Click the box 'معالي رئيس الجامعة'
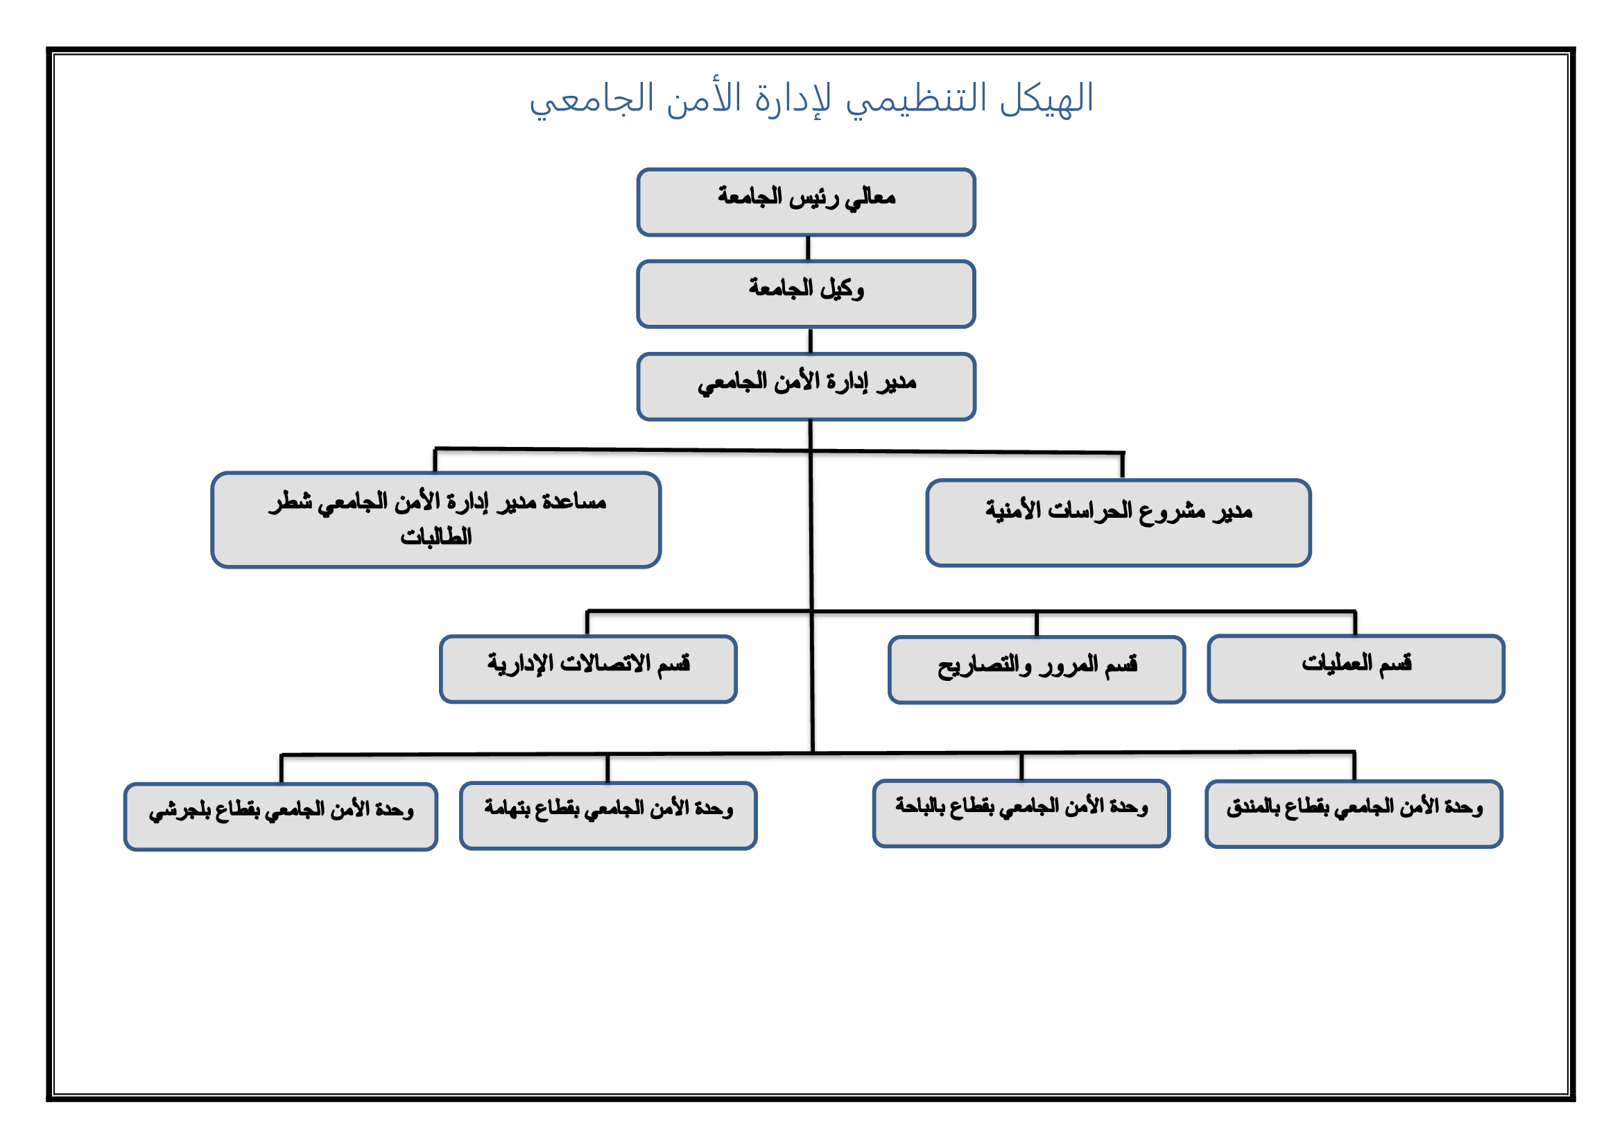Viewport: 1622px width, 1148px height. click(806, 202)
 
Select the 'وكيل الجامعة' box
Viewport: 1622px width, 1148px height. click(806, 294)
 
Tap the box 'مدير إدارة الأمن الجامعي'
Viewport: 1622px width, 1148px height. click(806, 387)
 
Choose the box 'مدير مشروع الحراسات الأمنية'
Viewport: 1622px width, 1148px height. click(1119, 523)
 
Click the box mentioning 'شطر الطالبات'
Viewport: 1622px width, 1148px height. click(436, 520)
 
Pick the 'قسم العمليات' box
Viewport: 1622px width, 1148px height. click(1356, 668)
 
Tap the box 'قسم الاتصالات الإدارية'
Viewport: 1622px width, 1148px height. click(588, 669)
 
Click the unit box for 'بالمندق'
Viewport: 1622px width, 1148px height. click(1354, 814)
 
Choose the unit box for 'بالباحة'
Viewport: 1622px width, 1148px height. click(1021, 813)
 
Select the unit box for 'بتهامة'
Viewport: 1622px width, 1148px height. click(608, 816)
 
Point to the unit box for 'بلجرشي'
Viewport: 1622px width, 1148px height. click(280, 817)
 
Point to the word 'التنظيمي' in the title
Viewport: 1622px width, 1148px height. click(916, 101)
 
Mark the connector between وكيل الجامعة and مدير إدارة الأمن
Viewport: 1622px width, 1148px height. click(810, 341)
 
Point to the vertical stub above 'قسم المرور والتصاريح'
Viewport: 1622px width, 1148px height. click(1036, 624)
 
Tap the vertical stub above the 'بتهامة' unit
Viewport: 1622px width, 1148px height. click(607, 768)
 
